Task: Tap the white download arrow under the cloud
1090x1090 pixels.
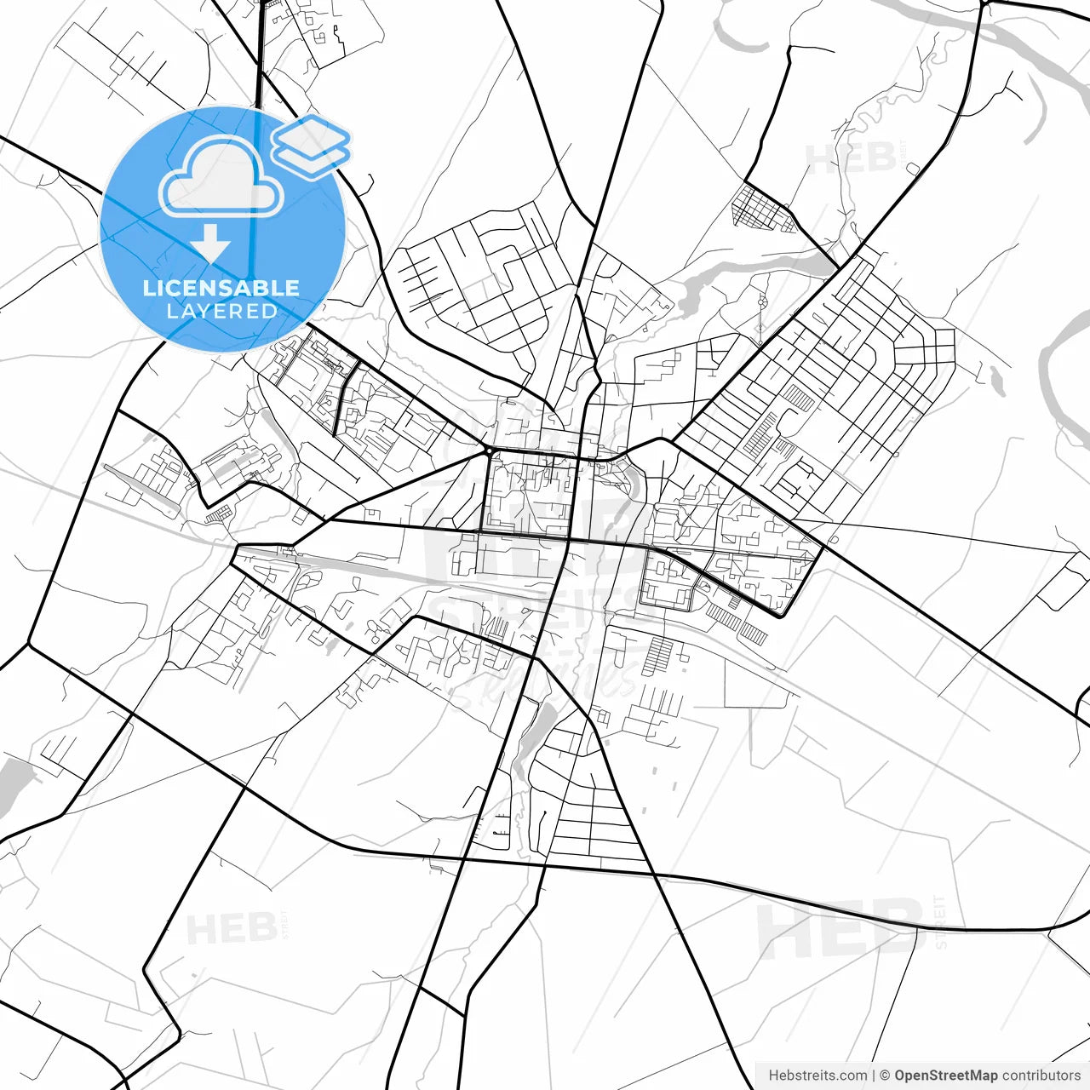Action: [210, 244]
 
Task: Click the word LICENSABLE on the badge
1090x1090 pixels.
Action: [221, 288]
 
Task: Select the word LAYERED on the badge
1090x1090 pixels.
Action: [221, 312]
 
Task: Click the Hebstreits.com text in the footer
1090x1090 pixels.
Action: [817, 1076]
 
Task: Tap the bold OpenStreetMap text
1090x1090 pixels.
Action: [945, 1076]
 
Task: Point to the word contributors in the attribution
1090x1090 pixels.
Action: [1041, 1076]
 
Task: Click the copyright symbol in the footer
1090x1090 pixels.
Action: [886, 1076]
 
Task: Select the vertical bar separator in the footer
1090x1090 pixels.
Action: [875, 1076]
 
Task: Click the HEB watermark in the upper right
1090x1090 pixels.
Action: [850, 158]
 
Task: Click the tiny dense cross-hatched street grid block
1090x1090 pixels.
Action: [763, 209]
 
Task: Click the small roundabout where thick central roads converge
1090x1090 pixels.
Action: [490, 449]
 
